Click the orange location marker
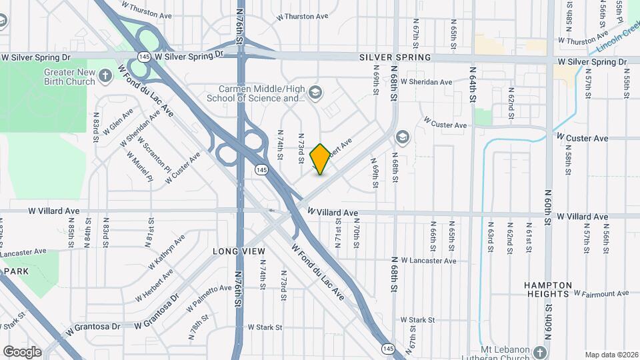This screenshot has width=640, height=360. (320, 159)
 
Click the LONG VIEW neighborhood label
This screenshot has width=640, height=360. (235, 252)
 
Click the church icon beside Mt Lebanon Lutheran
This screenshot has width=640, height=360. (541, 351)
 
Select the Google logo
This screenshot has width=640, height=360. (22, 351)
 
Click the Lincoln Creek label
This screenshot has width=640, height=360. (617, 42)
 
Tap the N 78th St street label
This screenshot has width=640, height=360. (195, 329)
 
